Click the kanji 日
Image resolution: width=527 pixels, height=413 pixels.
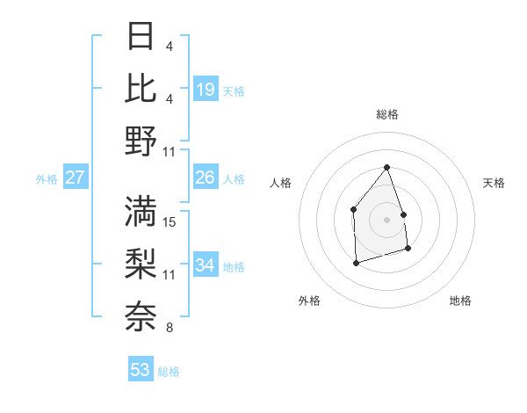(141, 36)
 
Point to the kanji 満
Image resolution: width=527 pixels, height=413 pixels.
(141, 211)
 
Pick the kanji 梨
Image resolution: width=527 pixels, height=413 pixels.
(141, 264)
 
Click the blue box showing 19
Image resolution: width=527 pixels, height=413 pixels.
(205, 89)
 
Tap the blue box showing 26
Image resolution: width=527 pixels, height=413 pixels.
(205, 178)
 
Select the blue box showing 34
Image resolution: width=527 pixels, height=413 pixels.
(205, 266)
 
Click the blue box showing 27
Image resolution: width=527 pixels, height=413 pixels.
(75, 178)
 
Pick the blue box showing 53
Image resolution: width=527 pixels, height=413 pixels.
(140, 370)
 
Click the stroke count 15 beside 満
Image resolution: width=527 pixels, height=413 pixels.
(170, 221)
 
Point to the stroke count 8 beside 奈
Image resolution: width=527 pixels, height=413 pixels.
(170, 328)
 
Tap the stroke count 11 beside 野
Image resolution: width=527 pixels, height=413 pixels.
(170, 152)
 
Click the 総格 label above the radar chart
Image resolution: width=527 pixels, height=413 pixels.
(387, 114)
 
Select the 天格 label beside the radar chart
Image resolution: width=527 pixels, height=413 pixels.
(495, 183)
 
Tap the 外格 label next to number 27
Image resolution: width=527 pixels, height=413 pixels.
(47, 179)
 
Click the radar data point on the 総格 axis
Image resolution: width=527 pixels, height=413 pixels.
(386, 167)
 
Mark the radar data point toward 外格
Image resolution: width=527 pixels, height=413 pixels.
(356, 263)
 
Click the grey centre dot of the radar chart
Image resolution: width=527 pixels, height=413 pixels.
(386, 219)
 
